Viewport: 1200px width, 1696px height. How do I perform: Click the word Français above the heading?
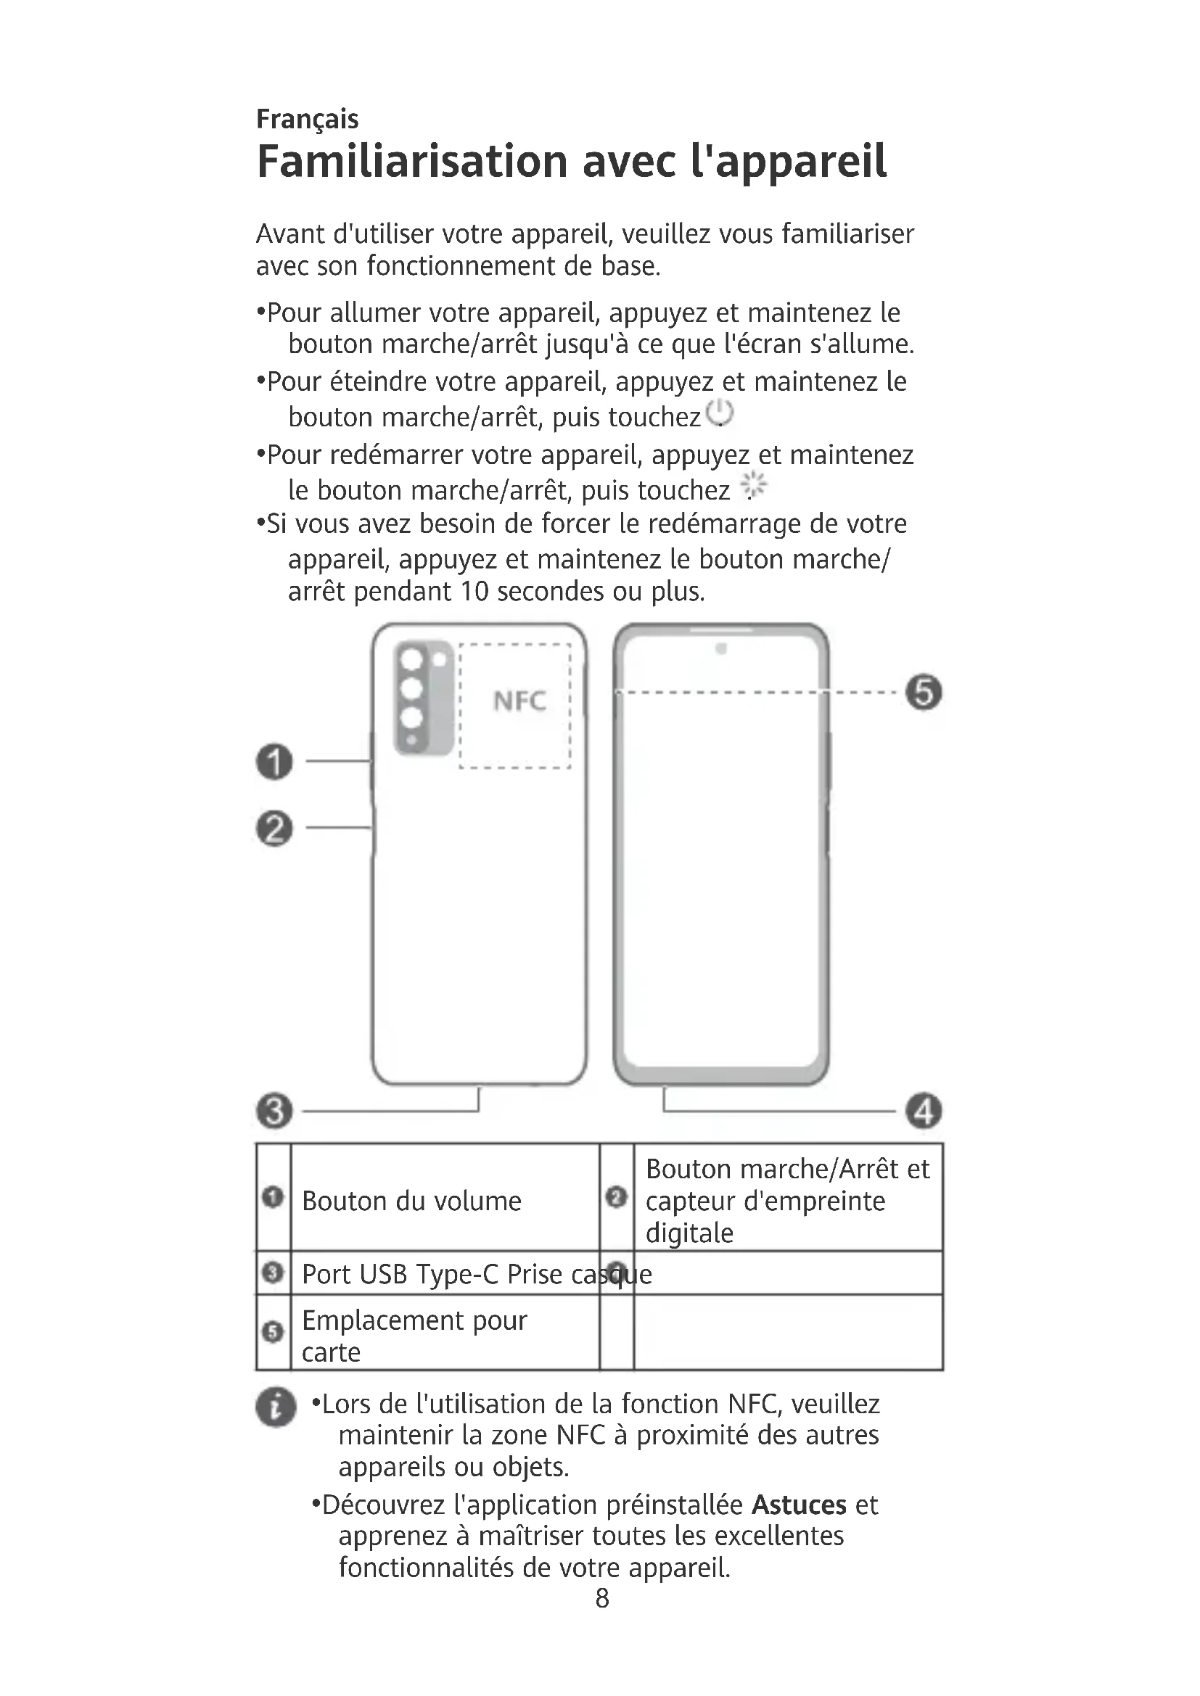click(307, 119)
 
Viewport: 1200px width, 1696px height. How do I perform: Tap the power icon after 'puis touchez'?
click(719, 413)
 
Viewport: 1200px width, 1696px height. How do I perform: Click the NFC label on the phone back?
click(519, 700)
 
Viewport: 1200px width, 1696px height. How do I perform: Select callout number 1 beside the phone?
click(274, 761)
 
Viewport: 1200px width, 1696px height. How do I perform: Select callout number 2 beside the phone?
click(274, 828)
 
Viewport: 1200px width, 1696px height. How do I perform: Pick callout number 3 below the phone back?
click(274, 1111)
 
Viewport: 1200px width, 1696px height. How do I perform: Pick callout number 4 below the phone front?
click(924, 1111)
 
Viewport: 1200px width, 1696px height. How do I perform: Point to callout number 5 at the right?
click(924, 693)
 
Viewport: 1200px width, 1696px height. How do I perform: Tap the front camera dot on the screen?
click(721, 648)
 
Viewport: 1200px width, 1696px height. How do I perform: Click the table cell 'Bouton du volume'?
click(411, 1201)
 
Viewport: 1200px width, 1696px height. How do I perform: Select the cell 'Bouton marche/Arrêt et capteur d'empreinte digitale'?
click(787, 1201)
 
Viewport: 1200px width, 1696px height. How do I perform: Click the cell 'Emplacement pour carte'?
click(414, 1336)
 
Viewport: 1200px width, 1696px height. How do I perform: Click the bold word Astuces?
click(799, 1505)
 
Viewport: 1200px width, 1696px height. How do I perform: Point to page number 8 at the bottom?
click(602, 1598)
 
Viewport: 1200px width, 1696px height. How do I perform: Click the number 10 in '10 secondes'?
click(474, 592)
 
